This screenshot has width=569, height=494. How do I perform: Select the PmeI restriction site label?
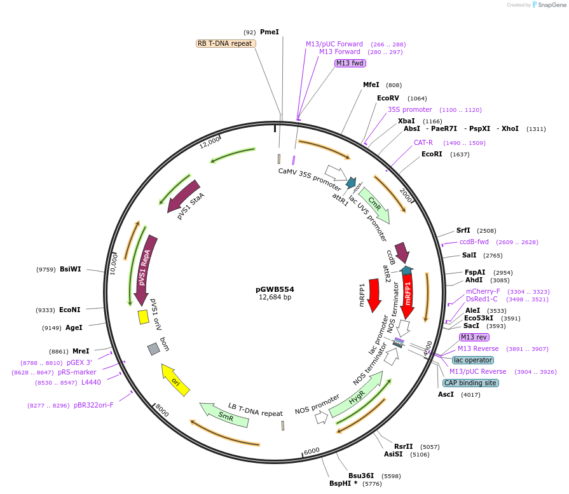tap(269, 32)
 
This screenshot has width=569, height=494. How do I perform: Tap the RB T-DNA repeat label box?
tap(225, 43)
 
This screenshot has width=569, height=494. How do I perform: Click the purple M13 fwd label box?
tap(350, 63)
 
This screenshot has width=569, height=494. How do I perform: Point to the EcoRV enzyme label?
tap(388, 99)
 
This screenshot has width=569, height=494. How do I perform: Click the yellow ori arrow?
tap(175, 380)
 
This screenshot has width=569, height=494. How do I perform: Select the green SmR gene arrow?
tap(224, 415)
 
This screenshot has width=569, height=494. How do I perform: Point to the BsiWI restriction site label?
tap(71, 270)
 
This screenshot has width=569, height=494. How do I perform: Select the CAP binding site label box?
tap(470, 383)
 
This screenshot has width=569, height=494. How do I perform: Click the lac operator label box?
tap(472, 360)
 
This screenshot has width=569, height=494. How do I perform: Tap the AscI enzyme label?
tap(446, 394)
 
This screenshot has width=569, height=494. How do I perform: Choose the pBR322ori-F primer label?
tap(93, 405)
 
